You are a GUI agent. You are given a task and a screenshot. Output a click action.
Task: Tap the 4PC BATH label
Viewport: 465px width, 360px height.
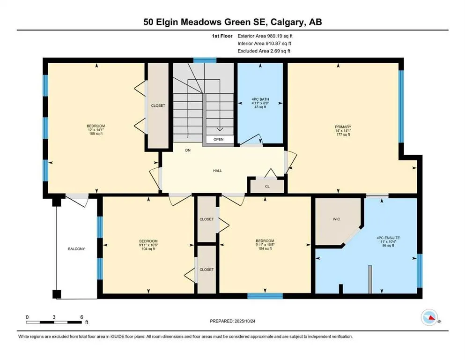tap(259, 99)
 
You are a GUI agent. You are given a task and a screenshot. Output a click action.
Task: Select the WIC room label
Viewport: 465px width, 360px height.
tap(336, 218)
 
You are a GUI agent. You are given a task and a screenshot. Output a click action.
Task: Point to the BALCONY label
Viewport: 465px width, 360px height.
tap(76, 249)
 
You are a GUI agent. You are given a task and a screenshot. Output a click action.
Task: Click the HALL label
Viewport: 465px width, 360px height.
tap(217, 171)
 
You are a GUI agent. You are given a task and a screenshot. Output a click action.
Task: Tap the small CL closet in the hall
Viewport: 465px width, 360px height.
tap(267, 186)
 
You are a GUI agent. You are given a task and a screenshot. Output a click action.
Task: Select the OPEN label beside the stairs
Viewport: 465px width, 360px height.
tap(218, 140)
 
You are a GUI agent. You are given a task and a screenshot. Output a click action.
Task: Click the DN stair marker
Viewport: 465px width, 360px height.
tap(188, 151)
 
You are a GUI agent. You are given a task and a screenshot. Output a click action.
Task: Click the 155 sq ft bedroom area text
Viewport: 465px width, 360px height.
tap(96, 134)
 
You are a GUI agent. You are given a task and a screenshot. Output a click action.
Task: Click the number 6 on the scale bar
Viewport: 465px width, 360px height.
tap(81, 317)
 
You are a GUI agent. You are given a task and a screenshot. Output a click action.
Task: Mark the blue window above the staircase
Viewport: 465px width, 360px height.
tap(205, 60)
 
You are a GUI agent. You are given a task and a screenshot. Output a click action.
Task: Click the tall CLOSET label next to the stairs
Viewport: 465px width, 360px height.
tap(158, 106)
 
